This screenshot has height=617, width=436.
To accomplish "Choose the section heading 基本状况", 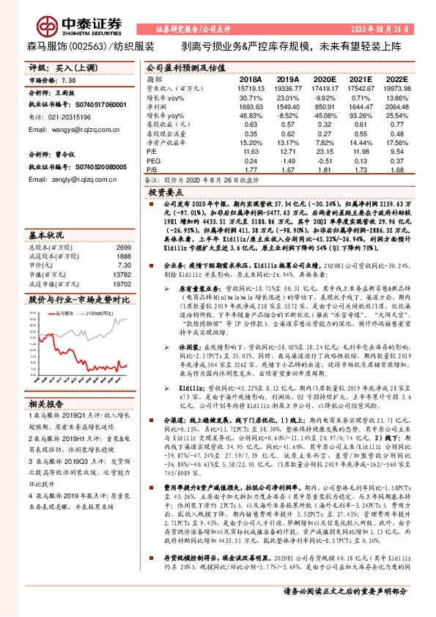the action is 45,236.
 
